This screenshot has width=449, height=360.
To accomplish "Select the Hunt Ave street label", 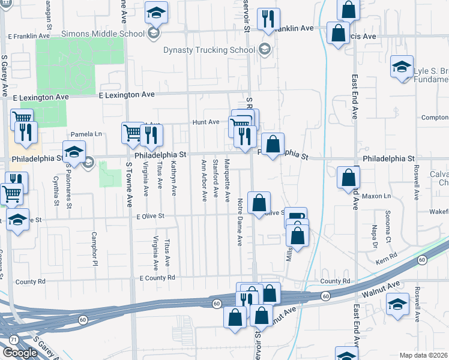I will point(206,122).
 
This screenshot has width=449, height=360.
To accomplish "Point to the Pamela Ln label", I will point(86,134).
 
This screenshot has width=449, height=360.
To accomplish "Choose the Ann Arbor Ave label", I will point(204,180).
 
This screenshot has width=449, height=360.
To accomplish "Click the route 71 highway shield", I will point(14,340).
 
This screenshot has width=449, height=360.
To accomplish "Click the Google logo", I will point(20,353).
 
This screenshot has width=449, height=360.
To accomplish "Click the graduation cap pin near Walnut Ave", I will point(397,304).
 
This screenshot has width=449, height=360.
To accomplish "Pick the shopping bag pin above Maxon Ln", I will point(348,178).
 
